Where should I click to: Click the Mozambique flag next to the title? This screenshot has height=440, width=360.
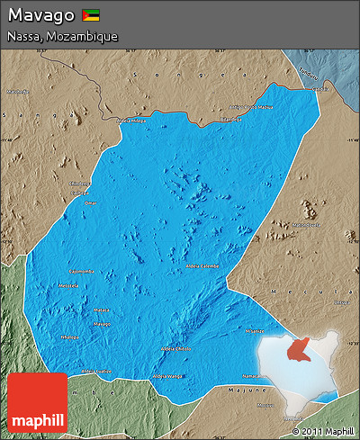tap(90, 15)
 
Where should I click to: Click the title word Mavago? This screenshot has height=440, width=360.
tap(40, 15)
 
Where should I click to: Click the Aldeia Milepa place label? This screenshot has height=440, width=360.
tap(131, 119)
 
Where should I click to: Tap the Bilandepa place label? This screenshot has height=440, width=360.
tap(231, 118)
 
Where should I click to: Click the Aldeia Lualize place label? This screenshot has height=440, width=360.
tap(97, 370)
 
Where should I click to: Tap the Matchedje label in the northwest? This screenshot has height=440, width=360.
tap(17, 91)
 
